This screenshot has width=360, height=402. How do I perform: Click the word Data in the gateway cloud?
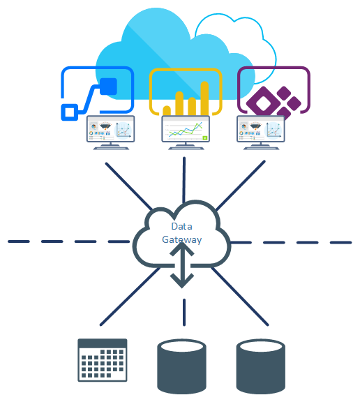tap(181, 226)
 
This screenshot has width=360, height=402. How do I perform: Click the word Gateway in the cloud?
tap(181, 239)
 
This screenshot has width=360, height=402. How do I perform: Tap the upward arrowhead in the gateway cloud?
tap(181, 248)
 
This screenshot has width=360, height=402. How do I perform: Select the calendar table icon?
tap(103, 360)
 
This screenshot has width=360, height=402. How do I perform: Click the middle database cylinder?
tap(181, 366)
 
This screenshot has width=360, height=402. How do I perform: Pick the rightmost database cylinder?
tap(261, 366)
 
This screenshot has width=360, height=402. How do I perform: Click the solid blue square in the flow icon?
tap(108, 87)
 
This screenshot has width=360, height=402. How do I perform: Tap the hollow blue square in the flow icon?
tap(69, 112)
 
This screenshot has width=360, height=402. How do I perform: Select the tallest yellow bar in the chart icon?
tap(204, 98)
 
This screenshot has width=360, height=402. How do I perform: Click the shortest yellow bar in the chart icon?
tap(167, 110)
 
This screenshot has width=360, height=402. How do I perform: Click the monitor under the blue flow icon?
tap(110, 133)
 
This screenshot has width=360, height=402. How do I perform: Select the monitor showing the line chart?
tap(186, 133)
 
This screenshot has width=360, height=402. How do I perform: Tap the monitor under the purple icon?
tap(261, 133)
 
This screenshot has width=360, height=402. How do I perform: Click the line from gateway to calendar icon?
tap(130, 297)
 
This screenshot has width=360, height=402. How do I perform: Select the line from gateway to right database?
tap(239, 297)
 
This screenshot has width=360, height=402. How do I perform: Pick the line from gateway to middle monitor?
tap(184, 180)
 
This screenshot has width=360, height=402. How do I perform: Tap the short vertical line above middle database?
tap(184, 312)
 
